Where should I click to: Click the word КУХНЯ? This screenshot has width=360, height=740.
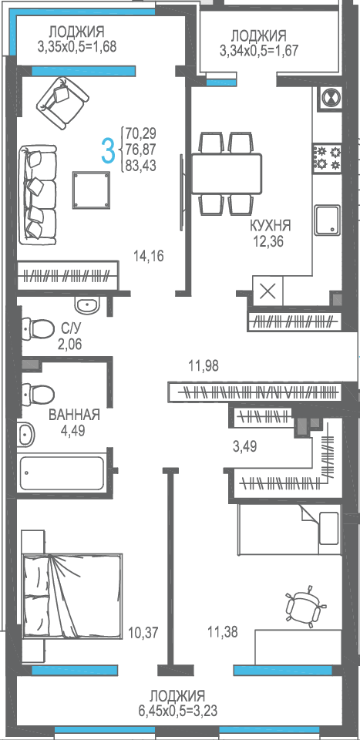(271, 226)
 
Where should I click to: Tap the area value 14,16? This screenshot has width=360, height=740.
(149, 257)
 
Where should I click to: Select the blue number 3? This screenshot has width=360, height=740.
(109, 150)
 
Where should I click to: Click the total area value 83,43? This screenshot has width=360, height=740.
(141, 166)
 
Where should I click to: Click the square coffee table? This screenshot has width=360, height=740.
(92, 190)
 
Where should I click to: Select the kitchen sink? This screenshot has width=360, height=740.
(328, 220)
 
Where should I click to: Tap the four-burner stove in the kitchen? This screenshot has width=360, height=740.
(327, 158)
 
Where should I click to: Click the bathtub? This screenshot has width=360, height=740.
(62, 473)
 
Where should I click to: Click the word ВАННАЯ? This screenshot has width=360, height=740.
(75, 415)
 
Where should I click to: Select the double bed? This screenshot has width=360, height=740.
(72, 595)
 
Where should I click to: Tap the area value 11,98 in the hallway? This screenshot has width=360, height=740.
(203, 365)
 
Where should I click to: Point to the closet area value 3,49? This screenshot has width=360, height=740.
(245, 446)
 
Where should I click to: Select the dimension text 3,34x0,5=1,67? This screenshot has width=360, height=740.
(258, 50)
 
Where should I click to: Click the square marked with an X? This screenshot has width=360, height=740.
(268, 291)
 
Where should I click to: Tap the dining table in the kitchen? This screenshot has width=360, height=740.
(226, 173)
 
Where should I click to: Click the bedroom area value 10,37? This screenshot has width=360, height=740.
(143, 632)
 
